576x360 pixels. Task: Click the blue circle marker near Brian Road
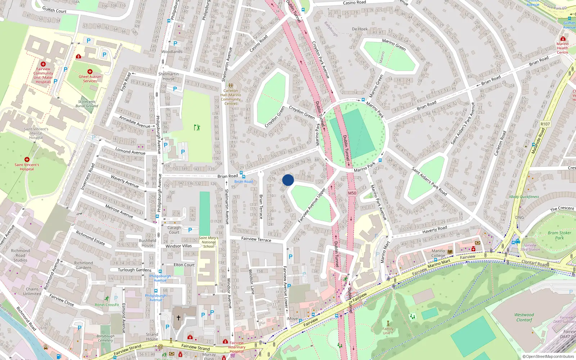pyautogui.click(x=288, y=180)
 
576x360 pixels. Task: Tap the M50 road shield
pyautogui.click(x=352, y=193)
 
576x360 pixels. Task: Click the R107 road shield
pyautogui.click(x=545, y=124)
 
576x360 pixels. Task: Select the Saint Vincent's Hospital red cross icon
pyautogui.click(x=27, y=159)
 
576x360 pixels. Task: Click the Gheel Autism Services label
pyautogui.click(x=90, y=78)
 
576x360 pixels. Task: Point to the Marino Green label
pyautogui.click(x=394, y=45)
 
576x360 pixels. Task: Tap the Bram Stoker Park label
pyautogui.click(x=559, y=235)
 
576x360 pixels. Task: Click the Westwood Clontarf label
pyautogui.click(x=524, y=317)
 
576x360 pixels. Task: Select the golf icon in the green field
pyautogui.click(x=197, y=127)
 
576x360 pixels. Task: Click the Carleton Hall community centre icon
pyautogui.click(x=230, y=86)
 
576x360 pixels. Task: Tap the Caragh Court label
pyautogui.click(x=174, y=230)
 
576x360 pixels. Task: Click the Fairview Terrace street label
pyautogui.click(x=256, y=239)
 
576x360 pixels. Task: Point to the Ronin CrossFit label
pyautogui.click(x=107, y=305)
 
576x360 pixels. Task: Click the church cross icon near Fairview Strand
pyautogui.click(x=178, y=318)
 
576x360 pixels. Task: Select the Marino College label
pyautogui.click(x=438, y=253)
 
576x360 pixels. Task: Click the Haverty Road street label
pyautogui.click(x=435, y=229)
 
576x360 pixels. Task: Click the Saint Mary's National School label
pyautogui.click(x=208, y=242)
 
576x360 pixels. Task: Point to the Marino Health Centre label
pyautogui.click(x=562, y=48)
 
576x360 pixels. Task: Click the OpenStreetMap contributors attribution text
pyautogui.click(x=548, y=356)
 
